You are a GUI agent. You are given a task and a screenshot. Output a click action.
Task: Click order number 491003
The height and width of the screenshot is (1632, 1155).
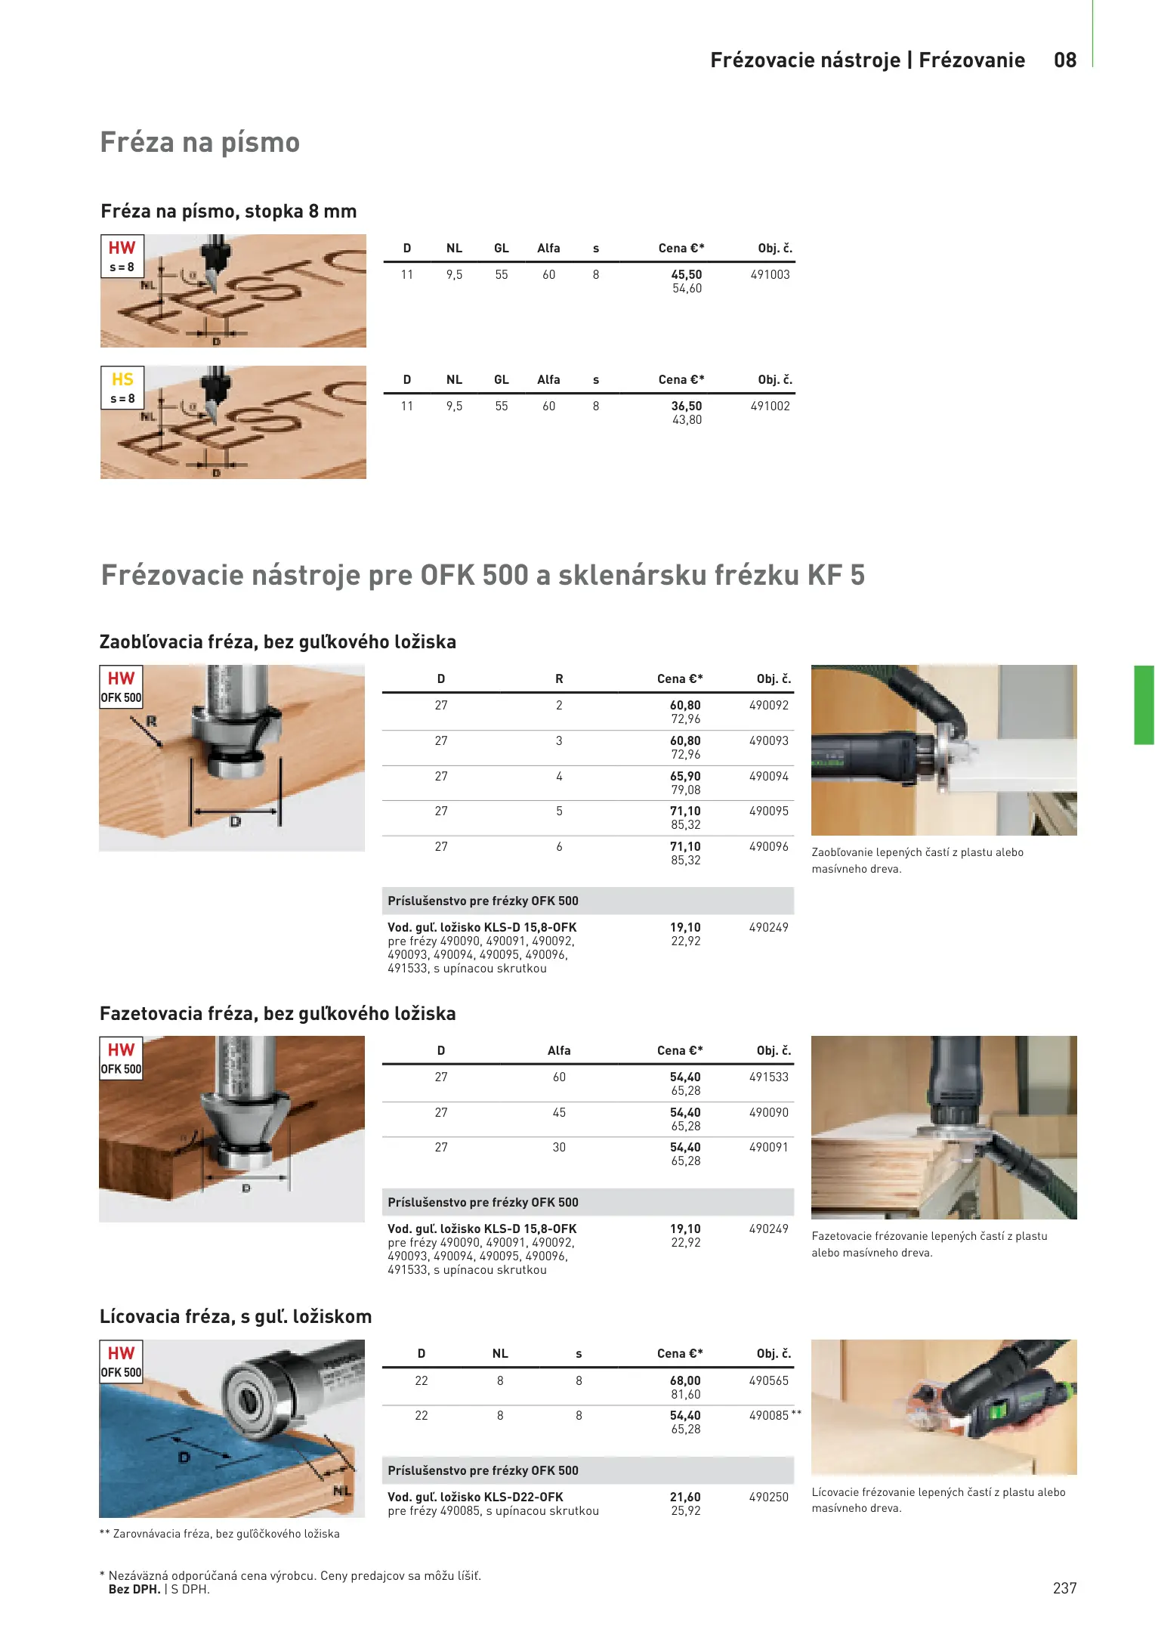770,275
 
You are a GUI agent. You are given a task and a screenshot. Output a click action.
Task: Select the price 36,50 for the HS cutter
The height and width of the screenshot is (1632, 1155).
687,406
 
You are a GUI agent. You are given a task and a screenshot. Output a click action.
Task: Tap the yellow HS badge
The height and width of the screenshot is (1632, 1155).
122,379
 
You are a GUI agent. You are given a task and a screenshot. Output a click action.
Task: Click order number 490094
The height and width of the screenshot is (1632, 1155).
769,777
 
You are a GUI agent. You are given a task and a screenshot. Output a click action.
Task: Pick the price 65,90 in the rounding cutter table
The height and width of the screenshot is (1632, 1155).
685,777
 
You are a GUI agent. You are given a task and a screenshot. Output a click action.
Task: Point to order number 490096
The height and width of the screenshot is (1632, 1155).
769,847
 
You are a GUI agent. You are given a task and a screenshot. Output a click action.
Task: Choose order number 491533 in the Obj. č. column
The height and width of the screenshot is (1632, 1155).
769,1077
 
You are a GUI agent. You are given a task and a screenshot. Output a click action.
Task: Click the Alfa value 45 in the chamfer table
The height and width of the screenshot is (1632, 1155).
559,1113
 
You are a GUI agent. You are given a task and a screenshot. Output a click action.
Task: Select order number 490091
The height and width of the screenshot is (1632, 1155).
769,1148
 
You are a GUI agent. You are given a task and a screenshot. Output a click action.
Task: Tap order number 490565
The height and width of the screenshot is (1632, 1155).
769,1381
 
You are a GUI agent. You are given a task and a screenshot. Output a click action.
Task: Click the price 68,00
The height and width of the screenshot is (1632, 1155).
685,1381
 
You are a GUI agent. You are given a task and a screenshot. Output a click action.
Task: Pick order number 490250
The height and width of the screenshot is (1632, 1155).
769,1498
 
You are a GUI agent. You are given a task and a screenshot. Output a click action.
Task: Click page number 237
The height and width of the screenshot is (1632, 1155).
1065,1588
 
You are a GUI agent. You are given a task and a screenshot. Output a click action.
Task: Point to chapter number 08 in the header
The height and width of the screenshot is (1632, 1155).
1065,60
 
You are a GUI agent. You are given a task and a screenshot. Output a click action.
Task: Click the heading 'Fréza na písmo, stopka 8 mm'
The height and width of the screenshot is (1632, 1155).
229,212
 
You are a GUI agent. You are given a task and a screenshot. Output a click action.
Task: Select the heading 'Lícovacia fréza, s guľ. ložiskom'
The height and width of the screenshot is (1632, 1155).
236,1317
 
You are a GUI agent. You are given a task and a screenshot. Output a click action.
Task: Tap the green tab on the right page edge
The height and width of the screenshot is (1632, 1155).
1144,705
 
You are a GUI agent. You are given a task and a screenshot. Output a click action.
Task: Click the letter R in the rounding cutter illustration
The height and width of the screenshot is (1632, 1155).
151,722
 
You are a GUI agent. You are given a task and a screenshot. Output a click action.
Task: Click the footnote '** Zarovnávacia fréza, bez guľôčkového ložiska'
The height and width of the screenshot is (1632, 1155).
220,1534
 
